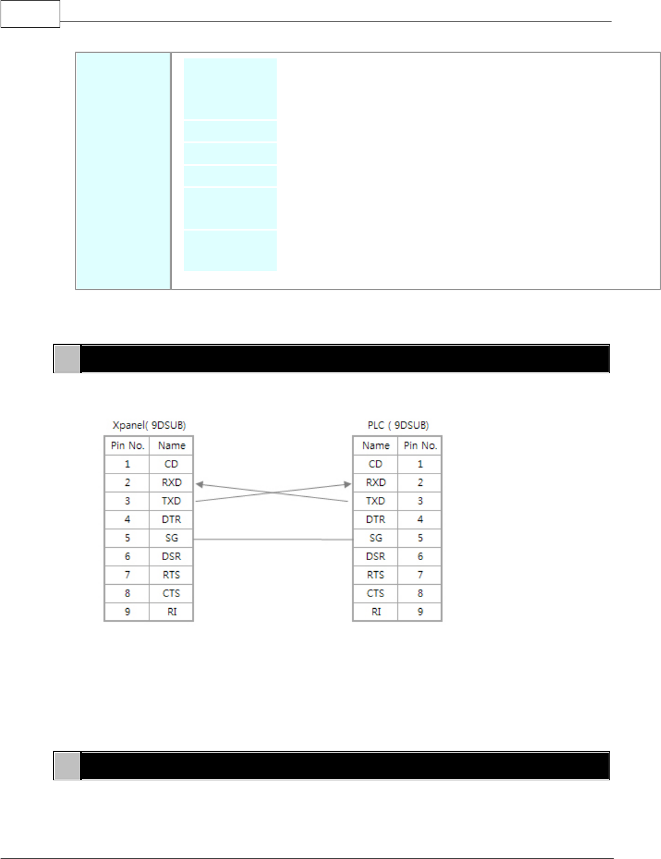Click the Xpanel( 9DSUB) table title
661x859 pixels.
tap(149, 425)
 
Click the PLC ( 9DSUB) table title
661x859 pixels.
tap(398, 425)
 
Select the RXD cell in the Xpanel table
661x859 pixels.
tap(172, 483)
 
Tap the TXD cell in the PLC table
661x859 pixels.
tap(376, 501)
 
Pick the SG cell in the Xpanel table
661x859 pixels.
tap(172, 538)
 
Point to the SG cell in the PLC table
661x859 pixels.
tap(376, 538)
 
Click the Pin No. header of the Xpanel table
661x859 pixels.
tap(127, 446)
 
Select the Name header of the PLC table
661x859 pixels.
tap(376, 446)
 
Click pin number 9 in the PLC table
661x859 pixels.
tap(421, 612)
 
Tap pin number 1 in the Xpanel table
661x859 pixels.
tap(127, 464)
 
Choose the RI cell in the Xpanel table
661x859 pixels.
tap(172, 612)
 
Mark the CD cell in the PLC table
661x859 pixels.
tap(376, 464)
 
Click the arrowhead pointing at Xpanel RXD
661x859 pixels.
tap(200, 485)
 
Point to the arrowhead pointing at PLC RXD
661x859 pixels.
tap(347, 485)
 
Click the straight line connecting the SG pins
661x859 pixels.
tap(273, 539)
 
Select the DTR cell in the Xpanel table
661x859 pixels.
tap(172, 520)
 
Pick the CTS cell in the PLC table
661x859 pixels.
tap(376, 593)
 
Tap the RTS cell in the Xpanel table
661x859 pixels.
tap(172, 575)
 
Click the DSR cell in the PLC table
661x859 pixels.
tap(376, 556)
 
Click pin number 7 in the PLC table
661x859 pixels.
tap(421, 575)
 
